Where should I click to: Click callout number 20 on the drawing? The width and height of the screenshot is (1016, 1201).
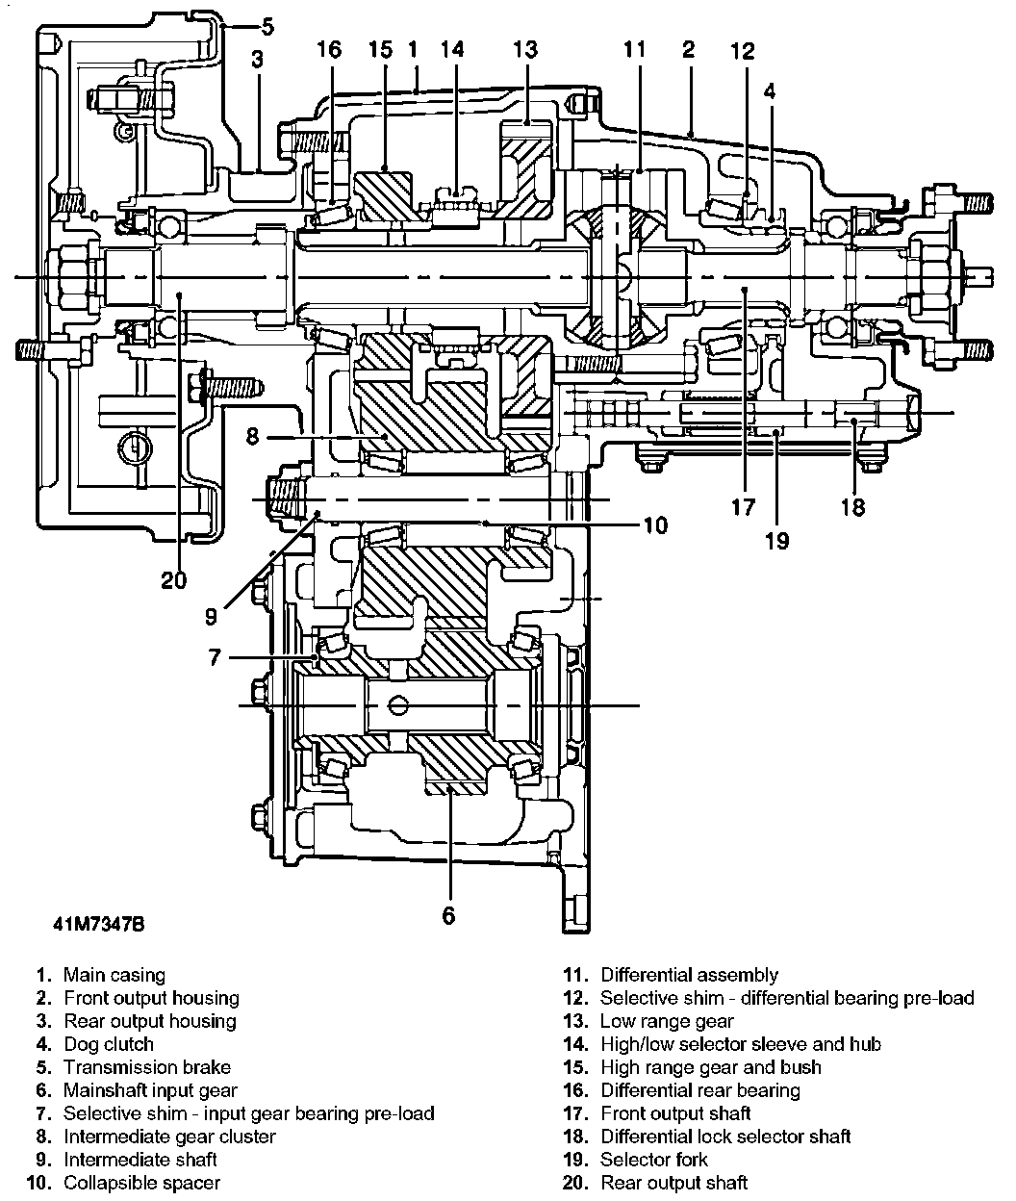[x=174, y=579]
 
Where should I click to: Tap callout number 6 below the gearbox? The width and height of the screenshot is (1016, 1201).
[x=448, y=914]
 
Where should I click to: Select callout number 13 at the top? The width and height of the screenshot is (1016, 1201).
[x=525, y=50]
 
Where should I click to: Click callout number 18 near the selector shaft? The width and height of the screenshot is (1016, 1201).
[x=852, y=506]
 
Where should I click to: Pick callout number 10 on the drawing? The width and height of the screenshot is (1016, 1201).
[x=654, y=525]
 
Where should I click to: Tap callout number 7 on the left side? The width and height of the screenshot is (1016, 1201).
[x=215, y=657]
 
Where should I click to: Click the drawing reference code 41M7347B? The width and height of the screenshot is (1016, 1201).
[x=99, y=925]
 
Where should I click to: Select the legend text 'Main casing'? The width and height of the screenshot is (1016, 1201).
[x=114, y=975]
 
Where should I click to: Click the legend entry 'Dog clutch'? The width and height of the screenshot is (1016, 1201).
[x=109, y=1044]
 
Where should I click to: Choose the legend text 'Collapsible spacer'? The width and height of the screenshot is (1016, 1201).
[x=141, y=1183]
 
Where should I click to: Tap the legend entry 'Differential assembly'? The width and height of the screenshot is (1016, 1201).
[x=689, y=975]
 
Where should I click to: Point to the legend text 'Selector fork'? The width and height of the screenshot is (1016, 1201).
[x=653, y=1160]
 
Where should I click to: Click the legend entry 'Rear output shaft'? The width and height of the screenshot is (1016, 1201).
[x=673, y=1183]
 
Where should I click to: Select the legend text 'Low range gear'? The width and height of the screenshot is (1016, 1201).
[x=667, y=1021]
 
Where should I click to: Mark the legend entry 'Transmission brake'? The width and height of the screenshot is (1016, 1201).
[x=147, y=1067]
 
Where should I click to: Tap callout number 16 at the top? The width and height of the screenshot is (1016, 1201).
[x=329, y=50]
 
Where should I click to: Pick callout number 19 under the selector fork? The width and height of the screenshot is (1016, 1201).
[x=776, y=541]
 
